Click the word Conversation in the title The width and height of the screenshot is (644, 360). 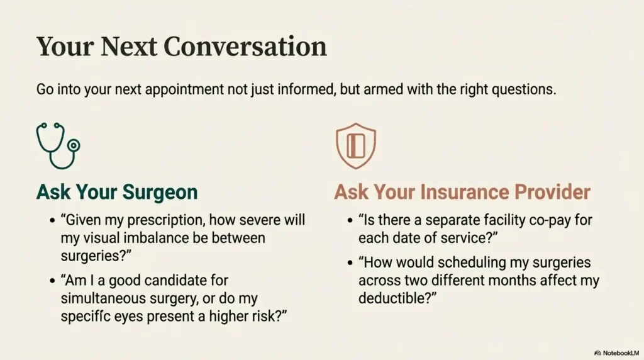[x=245, y=46]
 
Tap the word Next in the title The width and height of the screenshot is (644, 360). [x=129, y=46]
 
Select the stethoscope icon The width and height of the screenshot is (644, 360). [x=58, y=146]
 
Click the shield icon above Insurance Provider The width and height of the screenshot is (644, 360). [x=356, y=146]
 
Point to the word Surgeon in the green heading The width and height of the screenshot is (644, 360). [x=160, y=193]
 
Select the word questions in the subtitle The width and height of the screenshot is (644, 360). [x=524, y=89]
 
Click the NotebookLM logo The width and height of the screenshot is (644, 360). [x=616, y=353]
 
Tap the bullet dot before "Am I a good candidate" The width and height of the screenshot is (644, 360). [x=52, y=281]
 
